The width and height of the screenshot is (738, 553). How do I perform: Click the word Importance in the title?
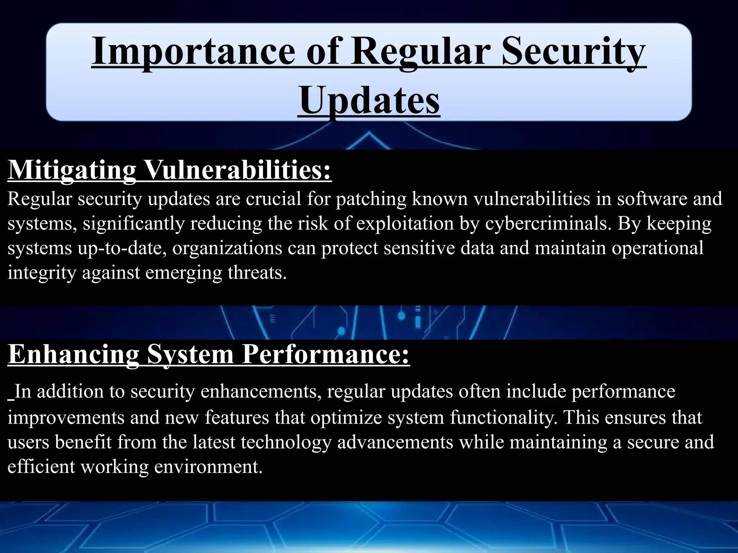[x=193, y=53]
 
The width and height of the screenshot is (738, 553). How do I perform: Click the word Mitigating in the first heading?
[x=72, y=170]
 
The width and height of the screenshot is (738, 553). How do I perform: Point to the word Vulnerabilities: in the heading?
[x=237, y=170]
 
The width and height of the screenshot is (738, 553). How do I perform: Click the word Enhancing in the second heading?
[x=74, y=354]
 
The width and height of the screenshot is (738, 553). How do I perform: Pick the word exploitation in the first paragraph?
[x=405, y=224]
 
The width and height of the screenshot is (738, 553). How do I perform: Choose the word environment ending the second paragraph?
[x=208, y=467]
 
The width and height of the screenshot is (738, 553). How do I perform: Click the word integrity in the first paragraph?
[x=41, y=273]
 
